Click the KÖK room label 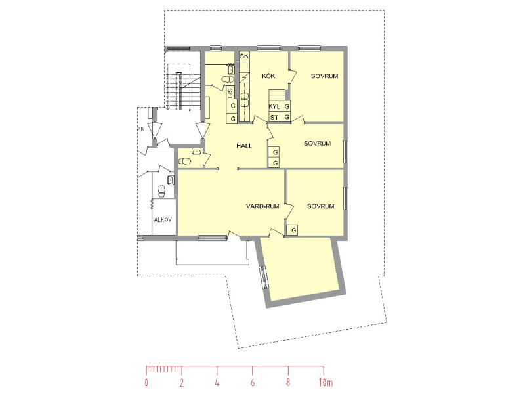[x=268, y=76]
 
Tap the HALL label [x=244, y=146]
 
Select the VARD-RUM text [x=262, y=206]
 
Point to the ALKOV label [x=163, y=220]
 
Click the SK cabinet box [x=244, y=56]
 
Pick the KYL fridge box [x=274, y=106]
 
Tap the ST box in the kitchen [x=274, y=118]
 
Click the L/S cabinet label [x=230, y=93]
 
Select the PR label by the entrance [x=140, y=129]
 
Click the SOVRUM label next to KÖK [x=324, y=76]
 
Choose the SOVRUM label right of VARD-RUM [x=321, y=206]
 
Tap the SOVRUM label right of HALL [x=317, y=144]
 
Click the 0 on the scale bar [x=146, y=383]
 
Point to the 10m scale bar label [x=325, y=383]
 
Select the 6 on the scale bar [x=253, y=383]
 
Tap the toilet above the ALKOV [x=161, y=191]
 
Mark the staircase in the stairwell [x=183, y=87]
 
